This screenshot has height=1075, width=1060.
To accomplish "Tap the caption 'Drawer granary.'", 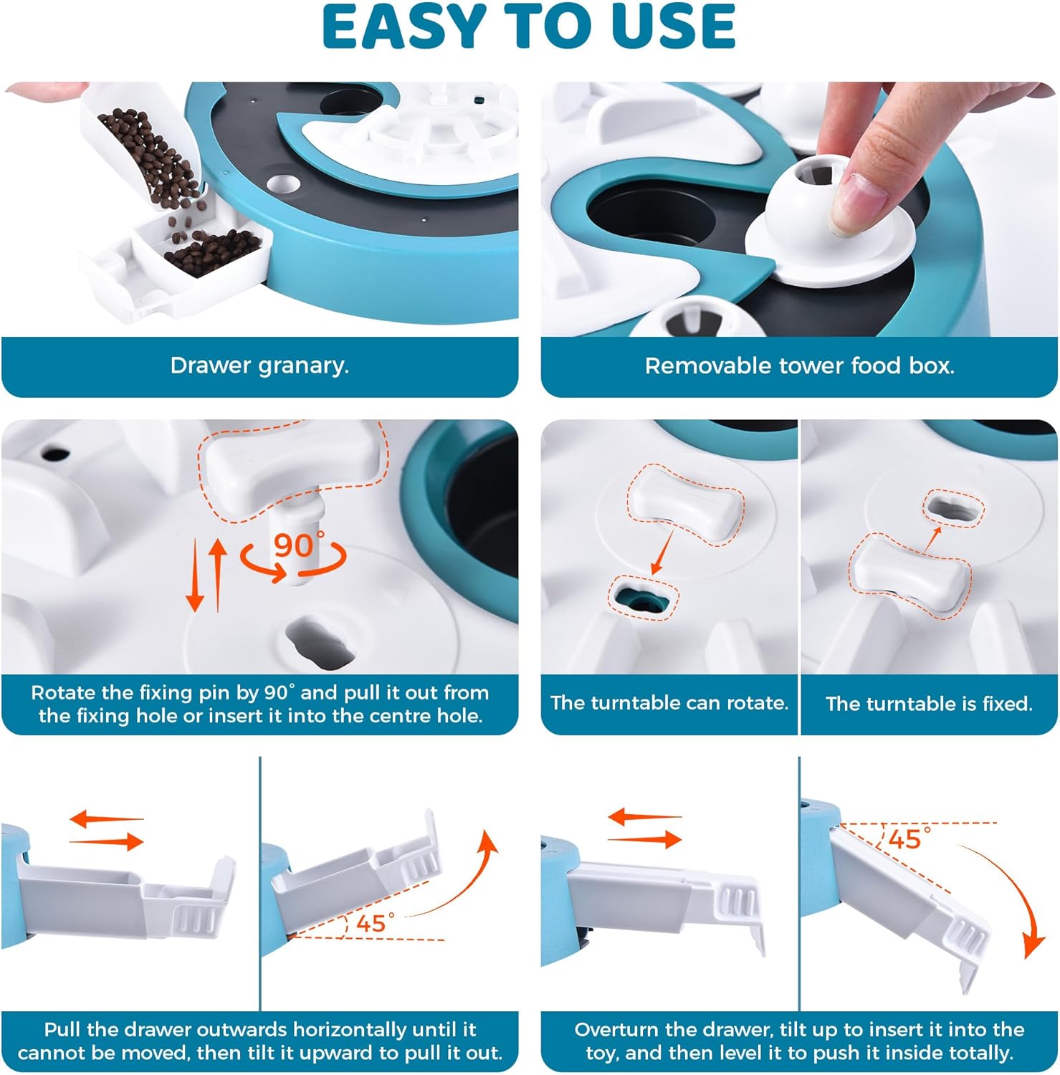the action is point(259,365).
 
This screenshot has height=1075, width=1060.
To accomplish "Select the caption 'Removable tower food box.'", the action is point(799,366).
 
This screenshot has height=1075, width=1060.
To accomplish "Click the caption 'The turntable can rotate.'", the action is point(669,702).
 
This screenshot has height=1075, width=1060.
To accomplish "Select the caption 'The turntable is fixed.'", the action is point(929,703).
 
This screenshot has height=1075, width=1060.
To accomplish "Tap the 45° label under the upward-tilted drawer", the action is point(375,922).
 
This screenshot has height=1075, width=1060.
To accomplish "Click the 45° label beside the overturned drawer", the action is point(909,838).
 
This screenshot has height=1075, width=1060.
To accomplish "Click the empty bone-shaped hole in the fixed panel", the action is point(952,510).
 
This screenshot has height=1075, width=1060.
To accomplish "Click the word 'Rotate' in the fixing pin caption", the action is point(64,693).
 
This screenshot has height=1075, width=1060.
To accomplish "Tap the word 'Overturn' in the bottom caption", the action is point(616,1030).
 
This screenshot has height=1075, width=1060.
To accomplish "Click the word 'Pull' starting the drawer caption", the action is point(62,1030).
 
